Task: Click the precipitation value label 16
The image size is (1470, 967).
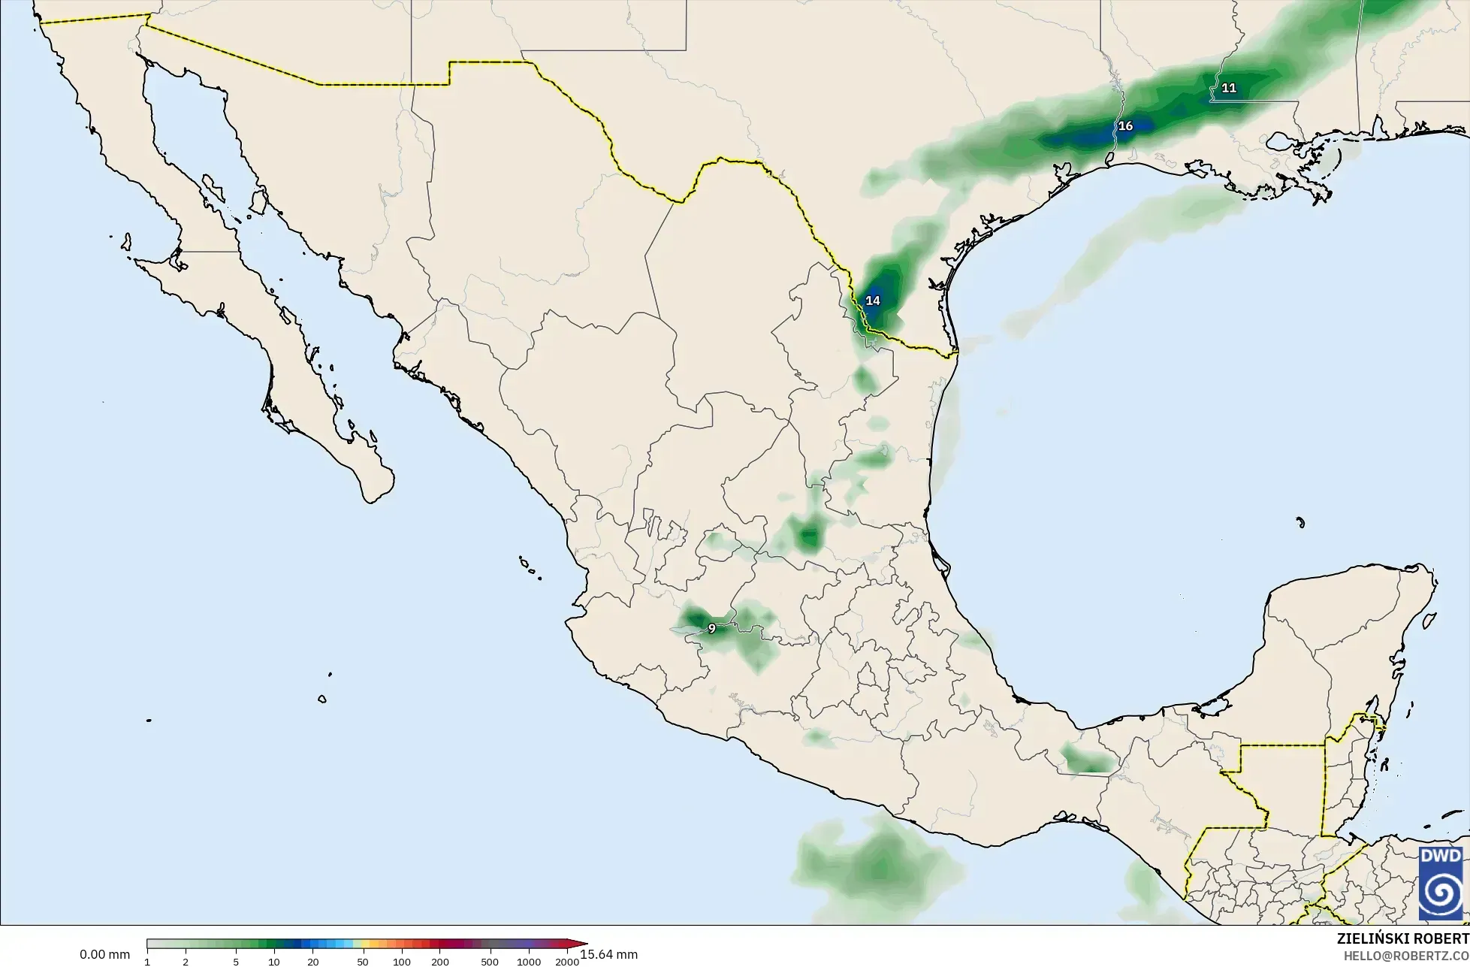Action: [x=1125, y=126]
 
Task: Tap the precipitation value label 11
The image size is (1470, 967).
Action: [x=1229, y=88]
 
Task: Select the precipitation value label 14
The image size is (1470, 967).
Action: [x=872, y=301]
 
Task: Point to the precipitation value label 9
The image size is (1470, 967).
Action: [x=712, y=629]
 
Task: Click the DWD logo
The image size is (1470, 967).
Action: [x=1441, y=884]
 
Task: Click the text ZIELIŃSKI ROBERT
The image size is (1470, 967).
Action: [x=1402, y=939]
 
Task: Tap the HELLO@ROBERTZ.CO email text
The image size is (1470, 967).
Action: [x=1406, y=956]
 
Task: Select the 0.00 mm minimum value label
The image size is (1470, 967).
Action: [x=104, y=955]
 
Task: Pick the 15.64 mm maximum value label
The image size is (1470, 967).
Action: [x=609, y=955]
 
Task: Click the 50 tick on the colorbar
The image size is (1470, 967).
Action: [x=363, y=962]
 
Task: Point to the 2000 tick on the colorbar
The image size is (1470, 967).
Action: [x=567, y=962]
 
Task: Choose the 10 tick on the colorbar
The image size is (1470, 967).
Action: [x=274, y=962]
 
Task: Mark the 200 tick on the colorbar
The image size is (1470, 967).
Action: [x=440, y=962]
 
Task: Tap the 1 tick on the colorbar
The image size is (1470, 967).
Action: [x=147, y=962]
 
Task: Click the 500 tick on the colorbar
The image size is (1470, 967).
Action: [x=490, y=962]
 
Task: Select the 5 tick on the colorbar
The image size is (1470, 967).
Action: [x=236, y=962]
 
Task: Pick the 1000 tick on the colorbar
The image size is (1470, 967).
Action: [x=529, y=962]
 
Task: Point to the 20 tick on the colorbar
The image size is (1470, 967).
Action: [x=312, y=962]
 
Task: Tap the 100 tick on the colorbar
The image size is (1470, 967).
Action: [x=402, y=962]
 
